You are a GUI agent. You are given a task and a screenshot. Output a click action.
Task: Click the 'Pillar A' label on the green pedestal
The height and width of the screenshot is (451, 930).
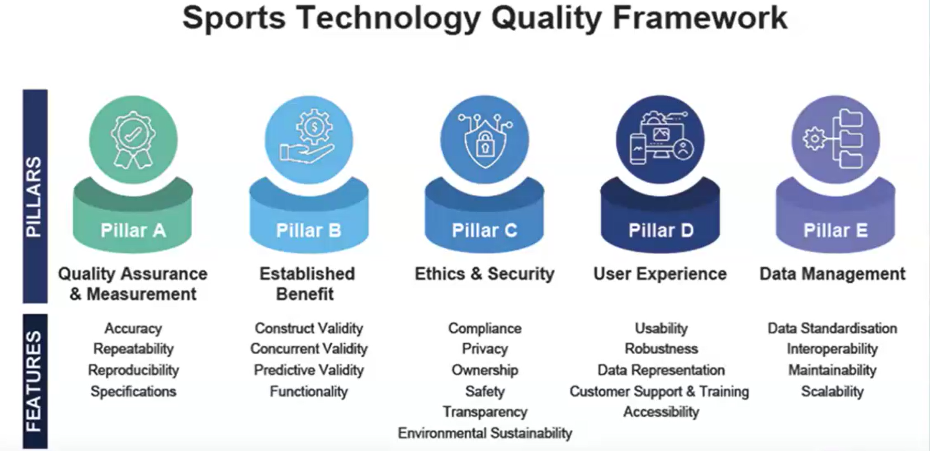[x=133, y=230]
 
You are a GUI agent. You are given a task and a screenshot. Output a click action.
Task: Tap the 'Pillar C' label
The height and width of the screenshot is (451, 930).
[x=485, y=230]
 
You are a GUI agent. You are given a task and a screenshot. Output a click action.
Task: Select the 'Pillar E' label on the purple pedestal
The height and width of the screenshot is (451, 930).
[x=835, y=230]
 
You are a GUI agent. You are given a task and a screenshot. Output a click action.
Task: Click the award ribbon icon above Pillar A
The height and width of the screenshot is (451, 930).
[x=133, y=139]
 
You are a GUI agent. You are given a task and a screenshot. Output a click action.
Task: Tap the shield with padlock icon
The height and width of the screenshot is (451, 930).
[x=485, y=141]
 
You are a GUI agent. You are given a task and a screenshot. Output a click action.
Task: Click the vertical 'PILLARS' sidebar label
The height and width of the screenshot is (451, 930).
[x=34, y=197]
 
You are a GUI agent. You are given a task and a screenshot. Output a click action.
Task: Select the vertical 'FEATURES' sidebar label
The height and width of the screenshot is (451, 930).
[x=34, y=381]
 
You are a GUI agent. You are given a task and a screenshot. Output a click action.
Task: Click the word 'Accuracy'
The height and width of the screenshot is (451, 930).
[x=133, y=328]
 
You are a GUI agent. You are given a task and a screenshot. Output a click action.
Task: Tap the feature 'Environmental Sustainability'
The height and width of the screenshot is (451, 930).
[x=485, y=433]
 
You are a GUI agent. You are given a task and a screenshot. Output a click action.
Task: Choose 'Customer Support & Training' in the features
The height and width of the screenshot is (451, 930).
[x=659, y=391]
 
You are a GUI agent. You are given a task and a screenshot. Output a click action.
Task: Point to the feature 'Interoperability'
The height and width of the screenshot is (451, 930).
[x=833, y=349]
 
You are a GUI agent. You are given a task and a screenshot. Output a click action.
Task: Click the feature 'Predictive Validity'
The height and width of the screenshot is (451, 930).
[x=309, y=370]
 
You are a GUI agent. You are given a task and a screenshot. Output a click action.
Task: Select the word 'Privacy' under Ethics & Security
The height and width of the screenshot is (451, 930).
[x=485, y=349]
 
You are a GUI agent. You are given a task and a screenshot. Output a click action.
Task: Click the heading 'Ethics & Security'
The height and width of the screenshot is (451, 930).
[x=485, y=274]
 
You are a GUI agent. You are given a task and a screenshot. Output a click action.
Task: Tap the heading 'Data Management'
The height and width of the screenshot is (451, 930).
[x=833, y=274]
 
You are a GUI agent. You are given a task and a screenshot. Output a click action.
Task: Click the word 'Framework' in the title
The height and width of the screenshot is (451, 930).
[x=701, y=18]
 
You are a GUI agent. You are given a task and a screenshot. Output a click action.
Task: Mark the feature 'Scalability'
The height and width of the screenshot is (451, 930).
[x=833, y=392]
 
